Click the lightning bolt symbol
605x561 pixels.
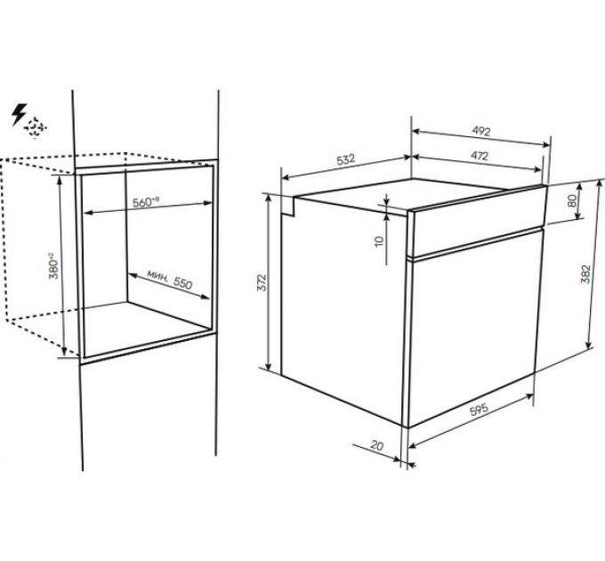tap(19, 114)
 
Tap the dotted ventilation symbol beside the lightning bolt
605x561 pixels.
tap(36, 127)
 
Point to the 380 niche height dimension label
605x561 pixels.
tap(53, 265)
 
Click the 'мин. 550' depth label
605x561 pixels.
tap(169, 280)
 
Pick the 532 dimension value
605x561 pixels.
tap(345, 159)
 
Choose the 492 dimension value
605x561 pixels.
tap(481, 131)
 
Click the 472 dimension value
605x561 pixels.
tap(480, 156)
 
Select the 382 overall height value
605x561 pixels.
tap(585, 273)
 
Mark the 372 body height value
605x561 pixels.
tap(262, 282)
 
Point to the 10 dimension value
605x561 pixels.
tap(380, 241)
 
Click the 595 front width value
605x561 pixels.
tap(479, 410)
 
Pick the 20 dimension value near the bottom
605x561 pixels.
tap(377, 445)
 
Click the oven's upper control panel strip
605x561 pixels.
tap(478, 222)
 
